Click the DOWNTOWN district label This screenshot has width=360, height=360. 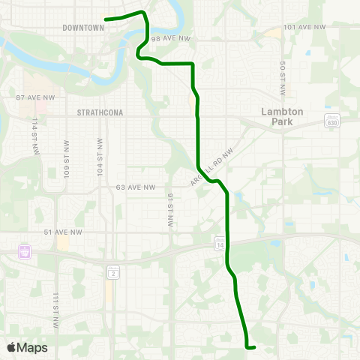83,27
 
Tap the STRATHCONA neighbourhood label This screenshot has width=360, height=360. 100,112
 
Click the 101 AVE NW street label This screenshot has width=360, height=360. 305,27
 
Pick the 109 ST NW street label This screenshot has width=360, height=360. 66,156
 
